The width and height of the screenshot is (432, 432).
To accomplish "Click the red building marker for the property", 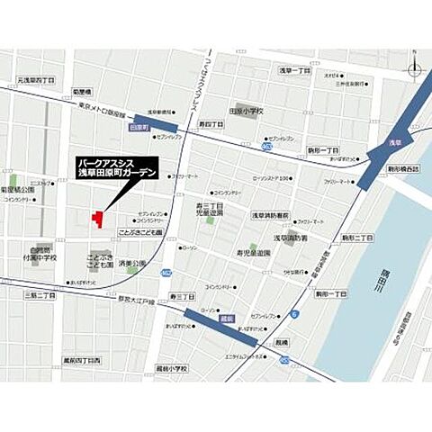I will pyautogui.click(x=97, y=219).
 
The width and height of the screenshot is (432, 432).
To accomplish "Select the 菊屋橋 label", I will pyautogui.click(x=84, y=92).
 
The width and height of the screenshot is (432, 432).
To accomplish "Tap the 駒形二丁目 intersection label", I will pyautogui.click(x=358, y=238).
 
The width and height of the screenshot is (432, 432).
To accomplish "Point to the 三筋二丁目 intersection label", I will pyautogui.click(x=40, y=295).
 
